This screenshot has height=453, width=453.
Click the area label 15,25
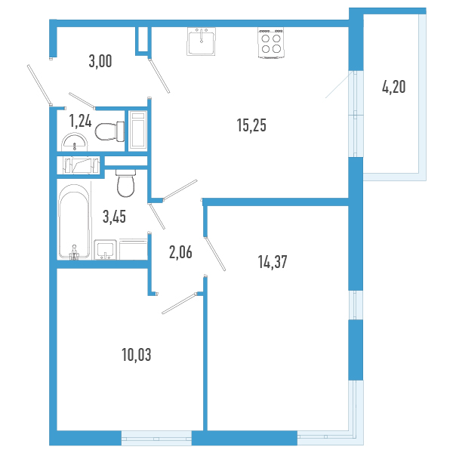coord(252,126)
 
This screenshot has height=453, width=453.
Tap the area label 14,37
coord(273,262)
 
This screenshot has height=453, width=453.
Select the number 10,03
coord(136,353)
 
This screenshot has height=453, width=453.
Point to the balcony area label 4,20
coord(393,87)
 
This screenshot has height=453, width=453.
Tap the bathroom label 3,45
coord(114,217)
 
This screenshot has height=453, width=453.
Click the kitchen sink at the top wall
coord(202,42)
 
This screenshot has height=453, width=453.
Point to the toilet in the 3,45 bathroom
coord(126,181)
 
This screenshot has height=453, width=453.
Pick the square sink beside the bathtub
coord(106,251)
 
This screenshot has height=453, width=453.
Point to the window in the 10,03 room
coord(156,436)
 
